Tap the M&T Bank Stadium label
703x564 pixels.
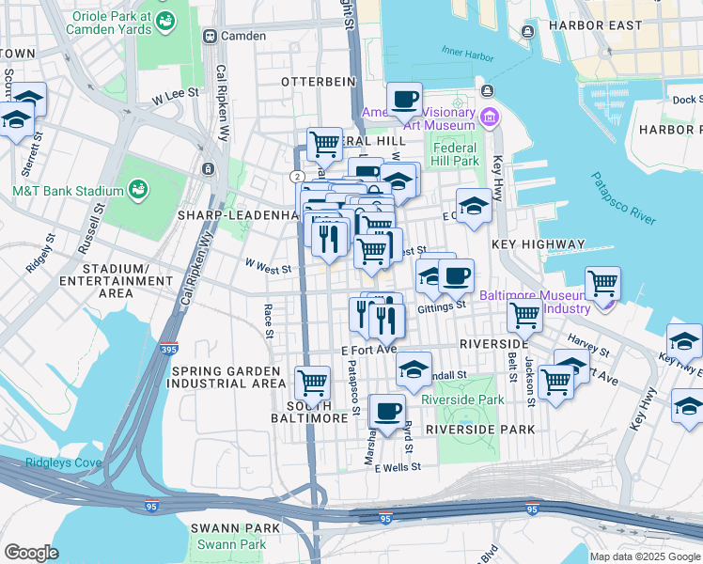66,191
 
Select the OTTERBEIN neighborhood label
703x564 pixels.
319,82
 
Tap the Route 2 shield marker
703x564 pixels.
297,176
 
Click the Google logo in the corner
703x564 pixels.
31,553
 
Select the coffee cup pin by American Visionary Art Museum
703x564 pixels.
404,99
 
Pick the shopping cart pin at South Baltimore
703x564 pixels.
312,382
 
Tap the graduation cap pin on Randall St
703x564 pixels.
413,369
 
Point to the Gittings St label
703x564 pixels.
442,305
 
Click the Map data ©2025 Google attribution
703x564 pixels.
645,556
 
